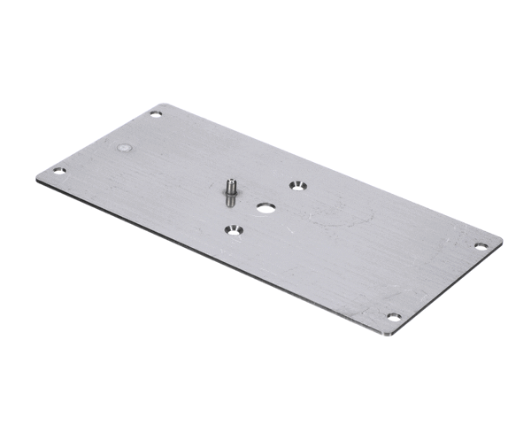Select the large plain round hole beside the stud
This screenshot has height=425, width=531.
[265, 210]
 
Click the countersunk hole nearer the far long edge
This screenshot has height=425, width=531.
[296, 185]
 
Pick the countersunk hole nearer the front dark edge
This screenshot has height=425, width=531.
[233, 230]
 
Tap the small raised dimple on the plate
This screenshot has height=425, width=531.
[125, 148]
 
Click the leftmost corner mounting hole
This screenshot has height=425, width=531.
[59, 171]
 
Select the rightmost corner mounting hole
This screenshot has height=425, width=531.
[481, 246]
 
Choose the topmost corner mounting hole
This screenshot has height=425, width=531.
[156, 114]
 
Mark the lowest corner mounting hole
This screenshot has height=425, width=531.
[394, 317]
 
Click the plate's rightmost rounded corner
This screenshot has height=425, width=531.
[500, 242]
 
